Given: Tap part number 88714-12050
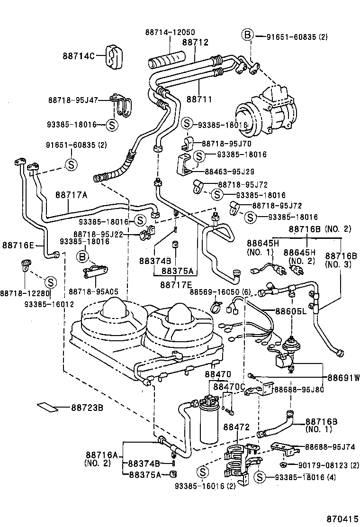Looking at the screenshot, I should coord(170,32).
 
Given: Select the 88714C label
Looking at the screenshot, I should coord(78,56).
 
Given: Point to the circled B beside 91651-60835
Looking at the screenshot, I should coord(247,36).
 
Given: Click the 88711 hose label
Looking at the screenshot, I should coord(199,99).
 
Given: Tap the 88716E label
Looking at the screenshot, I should coord(18,245).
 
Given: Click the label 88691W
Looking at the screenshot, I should coord(343,378).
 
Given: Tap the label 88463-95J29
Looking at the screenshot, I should coord(230,172).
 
